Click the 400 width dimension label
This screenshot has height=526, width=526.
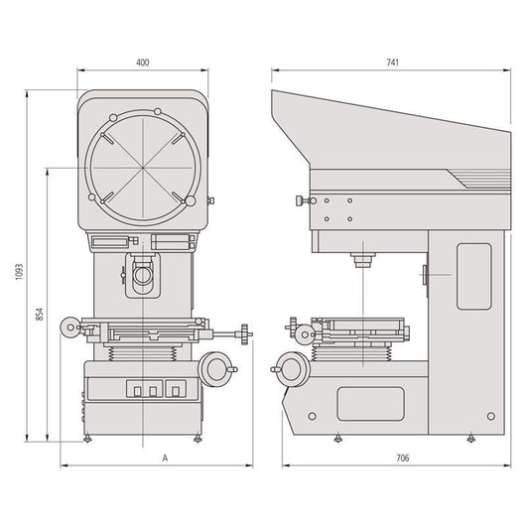pyautogui.click(x=143, y=63)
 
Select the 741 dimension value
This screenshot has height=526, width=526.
pyautogui.click(x=392, y=63)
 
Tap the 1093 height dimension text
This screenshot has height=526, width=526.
pyautogui.click(x=19, y=272)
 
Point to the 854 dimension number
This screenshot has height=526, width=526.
pyautogui.click(x=40, y=315)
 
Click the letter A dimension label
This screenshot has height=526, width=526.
pyautogui.click(x=165, y=459)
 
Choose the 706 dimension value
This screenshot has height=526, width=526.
pyautogui.click(x=403, y=459)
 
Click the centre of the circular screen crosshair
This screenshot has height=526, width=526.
pyautogui.click(x=143, y=168)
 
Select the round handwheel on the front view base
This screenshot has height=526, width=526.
pyautogui.click(x=216, y=369)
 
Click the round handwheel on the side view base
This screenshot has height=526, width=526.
pyautogui.click(x=291, y=369)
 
